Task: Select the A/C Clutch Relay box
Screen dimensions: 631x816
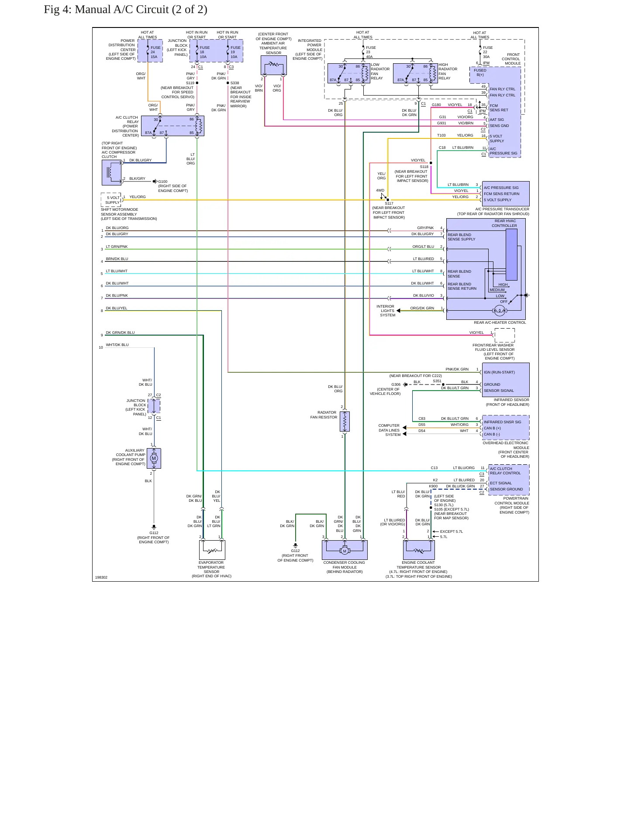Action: (172, 126)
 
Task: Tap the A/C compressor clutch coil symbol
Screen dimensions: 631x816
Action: (112, 172)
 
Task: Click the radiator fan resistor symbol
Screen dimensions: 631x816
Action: (345, 421)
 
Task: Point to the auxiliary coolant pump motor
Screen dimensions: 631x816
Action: (154, 458)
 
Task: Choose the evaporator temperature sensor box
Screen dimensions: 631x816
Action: (212, 550)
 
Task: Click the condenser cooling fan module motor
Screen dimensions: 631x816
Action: (345, 551)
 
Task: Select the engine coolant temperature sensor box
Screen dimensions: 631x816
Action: (419, 550)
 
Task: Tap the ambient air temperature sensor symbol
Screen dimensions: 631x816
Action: (274, 65)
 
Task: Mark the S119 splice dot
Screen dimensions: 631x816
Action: (197, 83)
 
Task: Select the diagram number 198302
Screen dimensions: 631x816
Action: (101, 577)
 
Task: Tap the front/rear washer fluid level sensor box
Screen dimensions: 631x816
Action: (505, 336)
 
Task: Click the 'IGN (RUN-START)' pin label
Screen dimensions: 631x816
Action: (499, 372)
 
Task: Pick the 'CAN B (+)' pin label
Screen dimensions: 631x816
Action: (492, 428)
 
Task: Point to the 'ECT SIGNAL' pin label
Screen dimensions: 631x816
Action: (500, 483)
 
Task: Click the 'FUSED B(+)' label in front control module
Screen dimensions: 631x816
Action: (480, 72)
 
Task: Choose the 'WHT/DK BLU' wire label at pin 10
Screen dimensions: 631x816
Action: (117, 345)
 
